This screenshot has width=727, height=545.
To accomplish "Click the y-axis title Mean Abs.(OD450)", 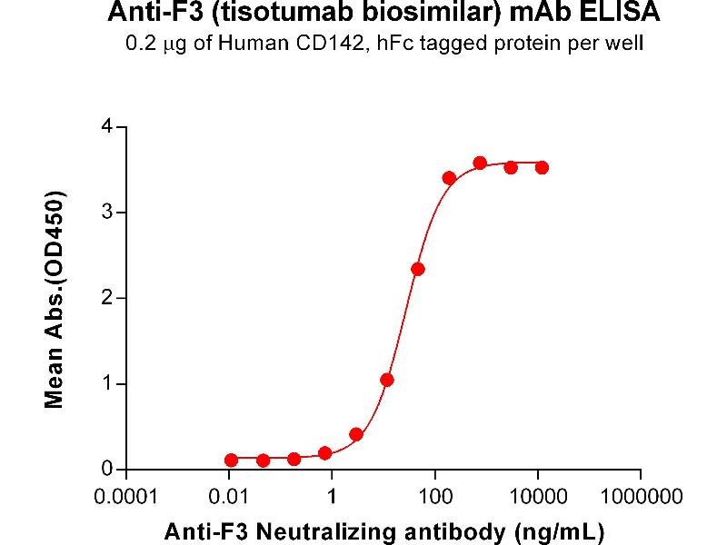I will click(x=56, y=299).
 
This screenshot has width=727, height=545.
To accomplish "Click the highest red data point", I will click(x=480, y=163).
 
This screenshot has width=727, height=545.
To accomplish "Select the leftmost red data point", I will click(x=232, y=461).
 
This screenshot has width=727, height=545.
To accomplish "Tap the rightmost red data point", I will click(x=542, y=167).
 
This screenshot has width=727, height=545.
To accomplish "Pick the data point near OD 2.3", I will click(x=418, y=269).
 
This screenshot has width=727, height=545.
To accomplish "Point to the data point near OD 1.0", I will click(x=387, y=380).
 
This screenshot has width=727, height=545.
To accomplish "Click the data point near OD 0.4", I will click(x=356, y=434).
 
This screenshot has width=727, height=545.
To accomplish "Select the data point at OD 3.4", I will click(x=449, y=178).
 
